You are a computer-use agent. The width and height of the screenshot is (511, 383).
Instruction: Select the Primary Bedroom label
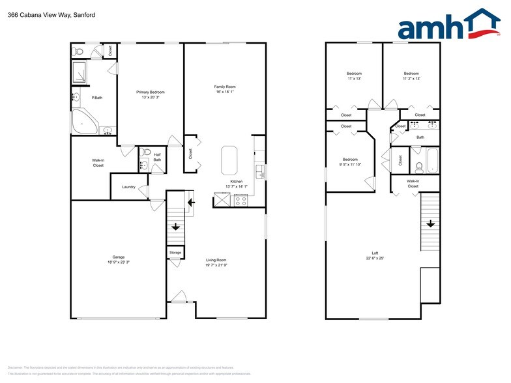pyautogui.click(x=151, y=92)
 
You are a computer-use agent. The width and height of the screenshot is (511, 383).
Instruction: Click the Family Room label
pyautogui.click(x=225, y=87)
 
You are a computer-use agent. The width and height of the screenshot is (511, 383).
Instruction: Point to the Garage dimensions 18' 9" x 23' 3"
pyautogui.click(x=119, y=262)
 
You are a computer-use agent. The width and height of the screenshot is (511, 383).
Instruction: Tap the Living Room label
pyautogui.click(x=215, y=261)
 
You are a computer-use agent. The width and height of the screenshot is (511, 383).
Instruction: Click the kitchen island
pyautogui.click(x=230, y=160)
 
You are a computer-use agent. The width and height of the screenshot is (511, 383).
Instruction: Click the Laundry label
pyautogui.click(x=128, y=187)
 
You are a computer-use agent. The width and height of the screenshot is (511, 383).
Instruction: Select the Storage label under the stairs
pyautogui.click(x=175, y=252)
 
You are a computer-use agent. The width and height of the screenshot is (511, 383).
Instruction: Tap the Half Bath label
pyautogui.click(x=157, y=157)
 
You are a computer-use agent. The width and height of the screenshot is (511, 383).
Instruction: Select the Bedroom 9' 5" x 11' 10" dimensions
pyautogui.click(x=351, y=165)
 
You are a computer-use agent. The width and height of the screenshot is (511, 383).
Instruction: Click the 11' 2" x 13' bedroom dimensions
pyautogui.click(x=411, y=79)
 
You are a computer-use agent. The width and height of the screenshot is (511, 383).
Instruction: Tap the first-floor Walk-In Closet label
pyautogui.click(x=98, y=163)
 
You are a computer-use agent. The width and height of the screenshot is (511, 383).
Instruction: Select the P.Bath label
pyautogui.click(x=96, y=98)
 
